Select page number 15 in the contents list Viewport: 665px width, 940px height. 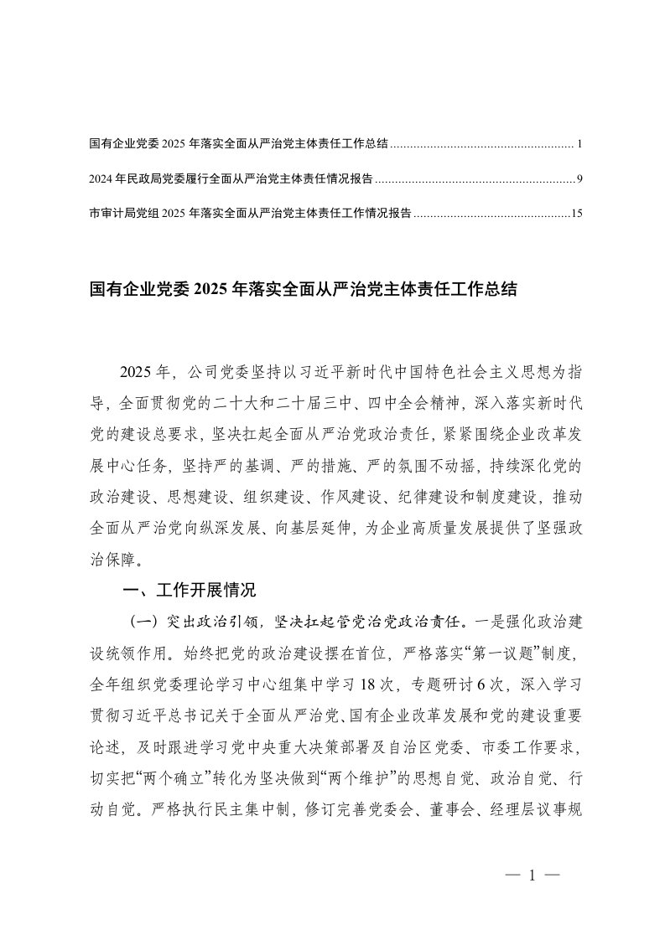(576, 214)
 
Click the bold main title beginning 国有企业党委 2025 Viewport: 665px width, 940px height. (302, 290)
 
